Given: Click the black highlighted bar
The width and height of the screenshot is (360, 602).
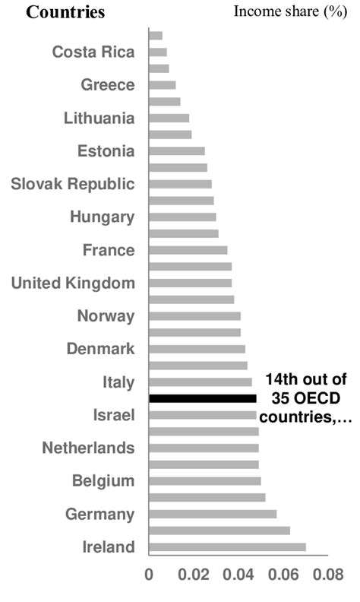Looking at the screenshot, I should (x=203, y=398).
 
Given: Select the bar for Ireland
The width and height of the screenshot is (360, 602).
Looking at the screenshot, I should (x=228, y=547).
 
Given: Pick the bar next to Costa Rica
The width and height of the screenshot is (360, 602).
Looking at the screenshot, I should (x=158, y=52).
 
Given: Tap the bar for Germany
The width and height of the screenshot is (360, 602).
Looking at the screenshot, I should (x=213, y=514).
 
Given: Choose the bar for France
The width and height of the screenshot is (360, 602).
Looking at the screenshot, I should (x=188, y=250).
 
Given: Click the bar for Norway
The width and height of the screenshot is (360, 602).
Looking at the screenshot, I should (x=195, y=316).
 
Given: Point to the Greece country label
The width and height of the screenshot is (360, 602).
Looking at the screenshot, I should (x=108, y=85).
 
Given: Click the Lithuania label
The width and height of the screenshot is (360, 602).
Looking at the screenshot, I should (x=99, y=118).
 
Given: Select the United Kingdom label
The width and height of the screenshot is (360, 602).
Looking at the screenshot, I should (x=73, y=283).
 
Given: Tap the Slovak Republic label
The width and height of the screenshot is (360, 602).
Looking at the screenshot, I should (x=73, y=184).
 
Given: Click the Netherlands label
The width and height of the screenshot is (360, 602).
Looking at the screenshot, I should (x=88, y=447).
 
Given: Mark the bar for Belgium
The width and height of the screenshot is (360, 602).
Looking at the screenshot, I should (x=205, y=480).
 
